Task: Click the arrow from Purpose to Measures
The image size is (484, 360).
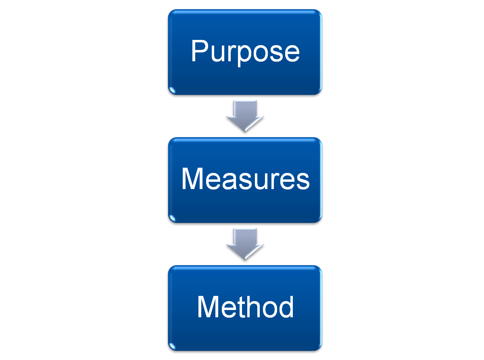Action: (x=245, y=116)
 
